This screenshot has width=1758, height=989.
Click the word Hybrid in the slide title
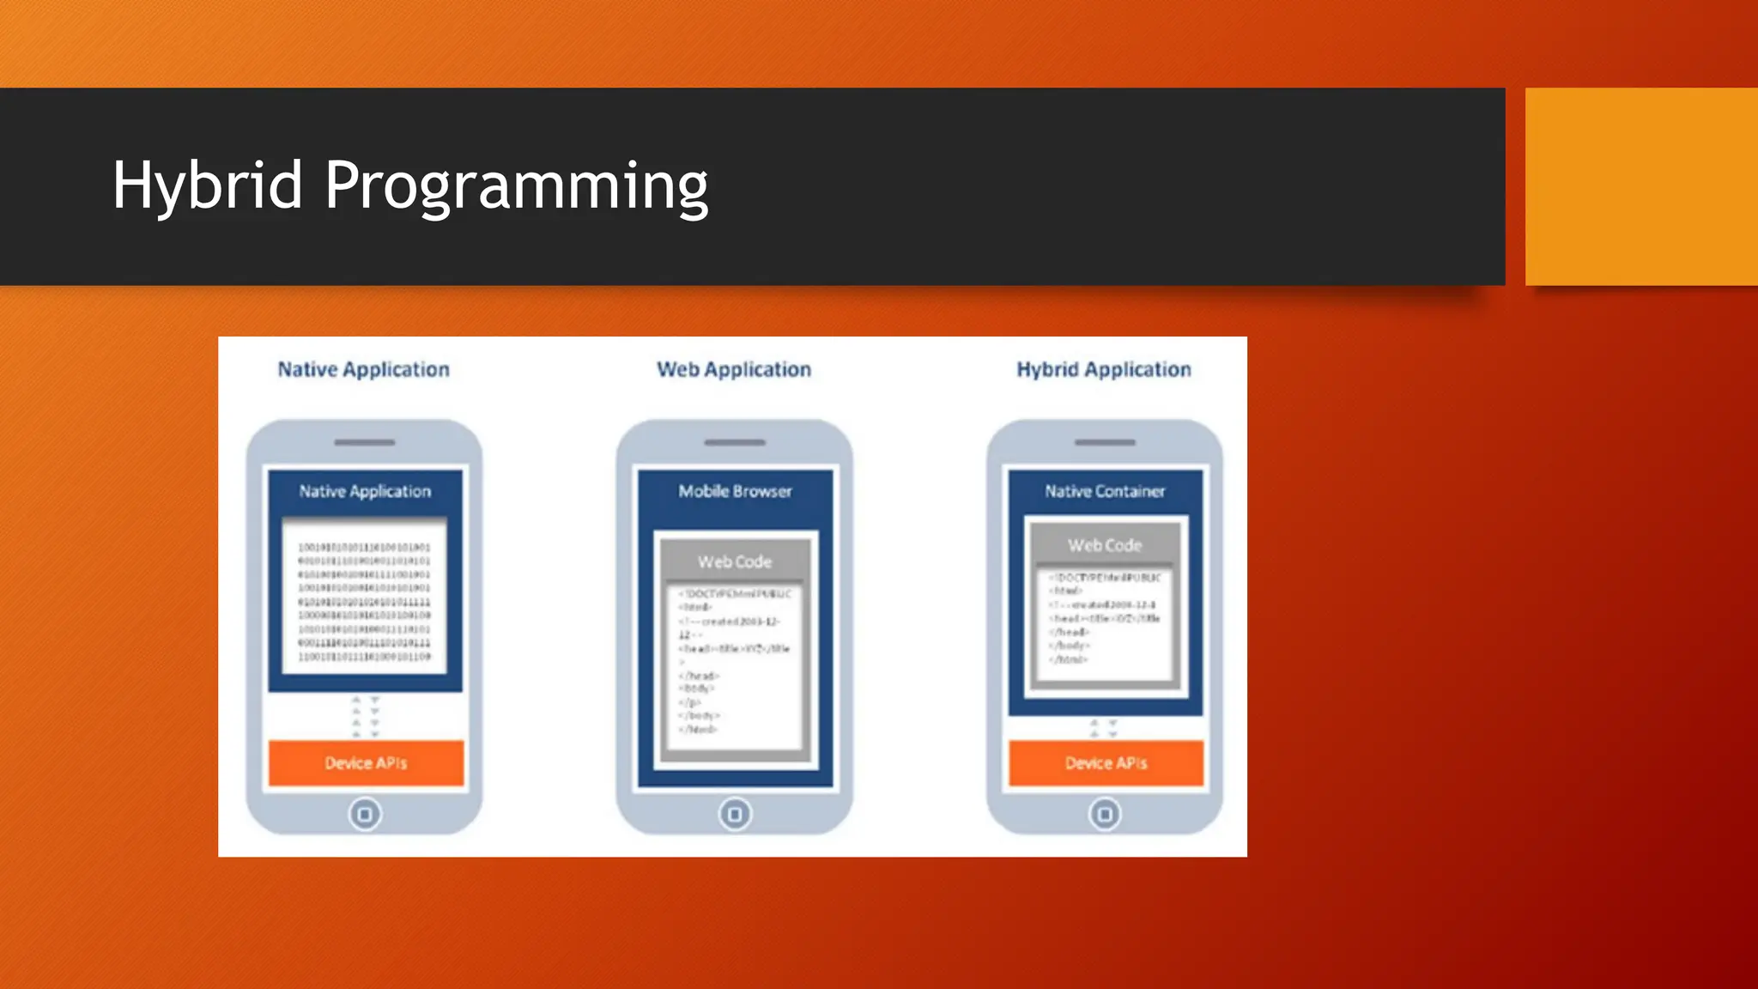pos(208,185)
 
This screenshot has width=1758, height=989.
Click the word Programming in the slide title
pos(516,187)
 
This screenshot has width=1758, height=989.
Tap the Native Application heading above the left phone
pos(363,370)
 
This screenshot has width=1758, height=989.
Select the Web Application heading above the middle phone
pos(734,370)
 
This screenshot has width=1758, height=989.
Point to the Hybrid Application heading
pos(1104,370)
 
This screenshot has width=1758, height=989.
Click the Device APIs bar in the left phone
pos(366,763)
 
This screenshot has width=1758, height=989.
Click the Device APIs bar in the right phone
pos(1106,763)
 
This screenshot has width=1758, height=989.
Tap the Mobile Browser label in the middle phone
pos(735,492)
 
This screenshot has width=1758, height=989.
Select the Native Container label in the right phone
pos(1105,492)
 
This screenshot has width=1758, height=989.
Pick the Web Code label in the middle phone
pos(735,562)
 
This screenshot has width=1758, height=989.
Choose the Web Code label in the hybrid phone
pos(1105,546)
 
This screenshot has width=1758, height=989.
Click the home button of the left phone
pos(365,814)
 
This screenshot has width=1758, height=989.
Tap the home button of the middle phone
pos(735,814)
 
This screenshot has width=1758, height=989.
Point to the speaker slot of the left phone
pos(365,443)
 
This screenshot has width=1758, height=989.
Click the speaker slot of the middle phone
pos(735,443)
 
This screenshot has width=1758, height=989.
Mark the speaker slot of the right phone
pos(1105,443)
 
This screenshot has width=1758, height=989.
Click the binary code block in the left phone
pos(365,602)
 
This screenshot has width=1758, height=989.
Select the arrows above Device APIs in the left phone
pos(366,717)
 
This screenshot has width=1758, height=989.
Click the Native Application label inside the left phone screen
pos(365,492)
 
